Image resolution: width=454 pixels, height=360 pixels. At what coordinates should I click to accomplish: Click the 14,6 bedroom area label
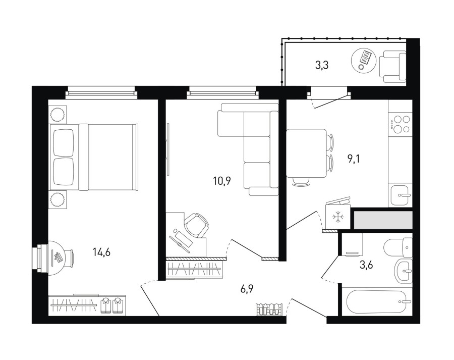101,253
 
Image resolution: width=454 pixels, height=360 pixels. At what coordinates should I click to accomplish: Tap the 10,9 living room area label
222,181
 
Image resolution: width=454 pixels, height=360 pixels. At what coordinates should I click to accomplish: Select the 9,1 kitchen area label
353,159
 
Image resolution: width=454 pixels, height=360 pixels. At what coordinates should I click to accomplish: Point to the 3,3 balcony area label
322,66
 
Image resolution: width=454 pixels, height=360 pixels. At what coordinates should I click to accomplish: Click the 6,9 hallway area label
247,289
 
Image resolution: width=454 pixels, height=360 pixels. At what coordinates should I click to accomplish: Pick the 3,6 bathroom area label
366,265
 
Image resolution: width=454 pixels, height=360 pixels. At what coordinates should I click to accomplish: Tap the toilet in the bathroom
398,247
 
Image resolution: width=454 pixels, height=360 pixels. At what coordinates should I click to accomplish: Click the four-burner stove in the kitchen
400,124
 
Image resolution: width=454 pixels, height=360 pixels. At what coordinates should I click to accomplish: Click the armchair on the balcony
392,67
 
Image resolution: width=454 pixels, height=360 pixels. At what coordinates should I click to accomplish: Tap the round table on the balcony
364,61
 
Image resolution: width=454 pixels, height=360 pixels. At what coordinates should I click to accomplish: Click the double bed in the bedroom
94,157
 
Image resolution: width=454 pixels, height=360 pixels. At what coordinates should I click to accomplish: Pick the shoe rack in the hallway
269,309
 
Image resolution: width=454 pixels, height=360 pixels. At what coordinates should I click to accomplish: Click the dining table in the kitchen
307,153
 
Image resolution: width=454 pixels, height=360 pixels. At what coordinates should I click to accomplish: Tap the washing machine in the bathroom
352,245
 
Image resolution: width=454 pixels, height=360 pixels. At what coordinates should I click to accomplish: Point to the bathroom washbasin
404,271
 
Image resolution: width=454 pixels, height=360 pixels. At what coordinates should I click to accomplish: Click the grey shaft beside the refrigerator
383,220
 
